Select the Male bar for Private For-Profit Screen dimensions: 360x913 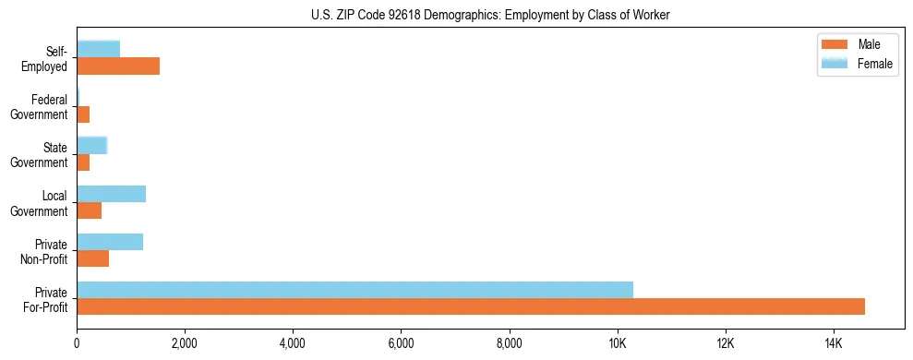[471, 306]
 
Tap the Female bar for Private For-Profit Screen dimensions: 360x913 [354, 290]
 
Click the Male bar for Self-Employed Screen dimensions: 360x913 [118, 66]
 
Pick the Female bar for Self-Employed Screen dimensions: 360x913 [98, 49]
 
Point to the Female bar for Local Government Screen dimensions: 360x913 [111, 194]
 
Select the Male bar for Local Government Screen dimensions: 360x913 [89, 210]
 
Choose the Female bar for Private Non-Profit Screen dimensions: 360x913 [110, 242]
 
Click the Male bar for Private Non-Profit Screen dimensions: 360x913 [92, 258]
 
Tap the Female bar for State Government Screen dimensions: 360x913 [91, 145]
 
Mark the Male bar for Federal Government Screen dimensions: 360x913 [83, 114]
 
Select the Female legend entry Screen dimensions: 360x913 [874, 63]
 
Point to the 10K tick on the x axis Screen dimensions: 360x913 [618, 344]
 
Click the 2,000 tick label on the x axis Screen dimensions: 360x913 [185, 344]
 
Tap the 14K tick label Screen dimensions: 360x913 [834, 344]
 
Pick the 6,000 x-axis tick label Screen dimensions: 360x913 [401, 344]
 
